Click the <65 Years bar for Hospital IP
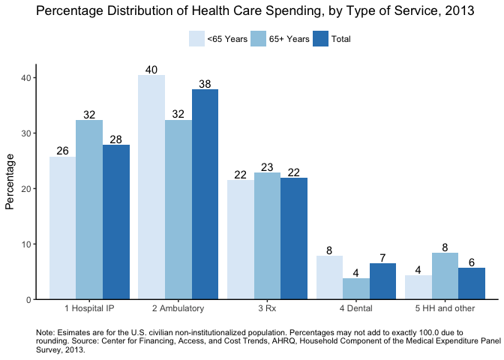(63, 228)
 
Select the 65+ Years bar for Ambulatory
(178, 210)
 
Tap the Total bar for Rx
(294, 238)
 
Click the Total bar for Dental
(382, 281)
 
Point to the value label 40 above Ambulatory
(151, 70)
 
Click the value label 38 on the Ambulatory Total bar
(205, 84)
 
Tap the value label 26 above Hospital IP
(63, 151)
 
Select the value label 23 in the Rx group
(267, 167)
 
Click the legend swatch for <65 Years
(196, 39)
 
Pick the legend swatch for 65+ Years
(258, 39)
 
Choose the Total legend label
(340, 39)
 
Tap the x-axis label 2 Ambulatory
(178, 308)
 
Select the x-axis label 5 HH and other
(445, 308)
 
